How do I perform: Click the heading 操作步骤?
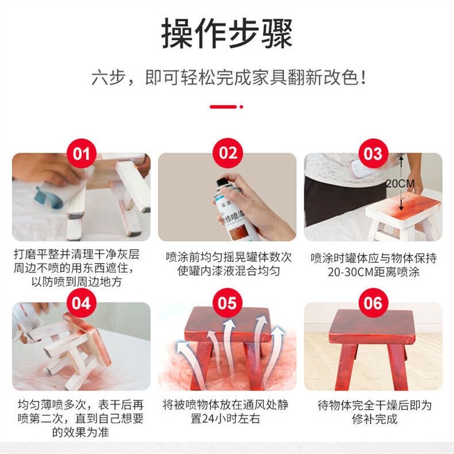point(226,33)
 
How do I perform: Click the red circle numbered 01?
point(81,153)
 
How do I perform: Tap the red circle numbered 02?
point(228,153)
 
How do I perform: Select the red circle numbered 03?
point(373,153)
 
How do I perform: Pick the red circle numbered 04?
point(81,302)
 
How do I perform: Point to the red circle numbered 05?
point(228,302)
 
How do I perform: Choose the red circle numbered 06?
point(373,302)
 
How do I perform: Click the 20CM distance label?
point(400,183)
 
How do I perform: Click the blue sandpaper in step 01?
point(49,197)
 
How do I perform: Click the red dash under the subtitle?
point(223,107)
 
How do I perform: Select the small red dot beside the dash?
point(242,107)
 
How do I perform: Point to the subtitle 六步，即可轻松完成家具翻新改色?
point(229,78)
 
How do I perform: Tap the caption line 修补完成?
point(375,419)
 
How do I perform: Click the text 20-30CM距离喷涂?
point(373,272)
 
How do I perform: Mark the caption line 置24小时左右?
point(225,419)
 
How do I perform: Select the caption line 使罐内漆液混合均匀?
point(229,271)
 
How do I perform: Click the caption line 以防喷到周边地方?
point(77,281)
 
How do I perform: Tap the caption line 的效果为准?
point(81,432)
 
